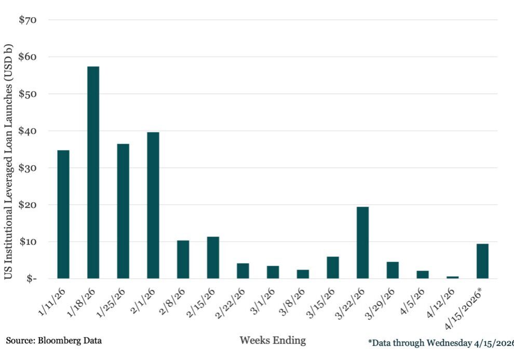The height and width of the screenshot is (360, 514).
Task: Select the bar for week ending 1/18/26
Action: pyautogui.click(x=93, y=172)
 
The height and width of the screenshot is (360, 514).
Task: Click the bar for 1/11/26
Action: pyautogui.click(x=63, y=214)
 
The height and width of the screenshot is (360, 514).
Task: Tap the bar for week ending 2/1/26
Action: pyautogui.click(x=153, y=205)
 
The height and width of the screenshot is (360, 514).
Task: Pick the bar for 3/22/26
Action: pyautogui.click(x=362, y=243)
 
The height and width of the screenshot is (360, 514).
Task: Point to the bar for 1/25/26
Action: pyautogui.click(x=123, y=211)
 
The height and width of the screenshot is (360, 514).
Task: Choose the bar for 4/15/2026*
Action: pyautogui.click(x=482, y=261)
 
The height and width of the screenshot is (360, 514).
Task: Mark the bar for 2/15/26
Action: pyautogui.click(x=213, y=258)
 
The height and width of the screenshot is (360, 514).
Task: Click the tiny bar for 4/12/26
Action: pyautogui.click(x=452, y=277)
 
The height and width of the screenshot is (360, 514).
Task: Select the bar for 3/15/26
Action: pyautogui.click(x=333, y=268)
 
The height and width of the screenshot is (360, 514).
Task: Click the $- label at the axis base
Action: pyautogui.click(x=31, y=279)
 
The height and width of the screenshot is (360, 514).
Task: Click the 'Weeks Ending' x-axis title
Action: pyautogui.click(x=273, y=341)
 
